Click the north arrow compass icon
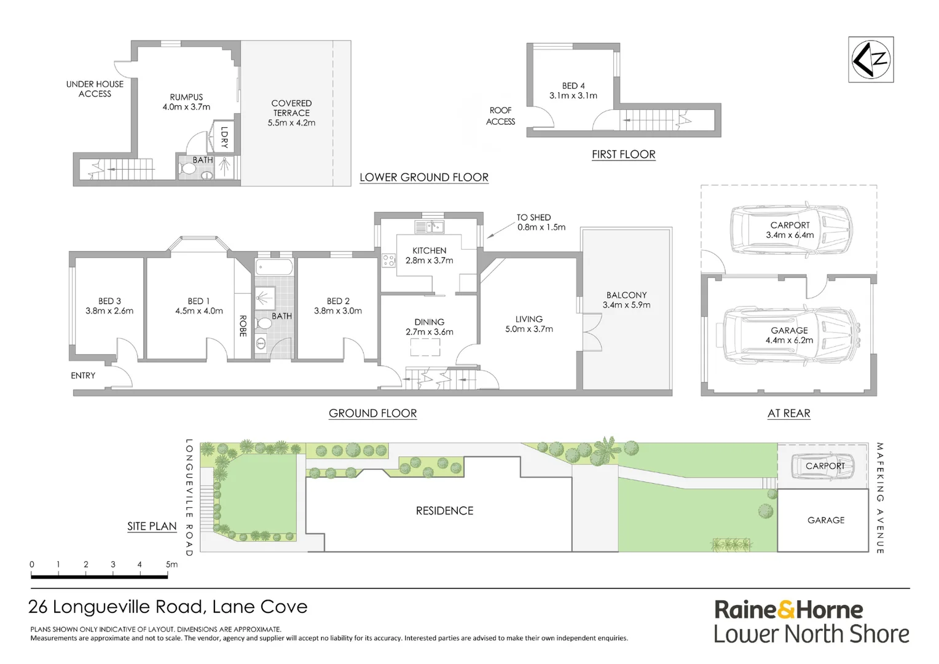[x=871, y=60]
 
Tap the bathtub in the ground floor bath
[x=274, y=267]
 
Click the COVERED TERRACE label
[x=291, y=113]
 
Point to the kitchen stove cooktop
[x=388, y=260]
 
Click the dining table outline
[x=425, y=347]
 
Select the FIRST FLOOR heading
[x=623, y=154]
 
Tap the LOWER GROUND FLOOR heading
[x=423, y=177]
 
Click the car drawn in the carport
[x=791, y=229]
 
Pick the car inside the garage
[x=790, y=335]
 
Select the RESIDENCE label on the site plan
[x=444, y=511]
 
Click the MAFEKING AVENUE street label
[x=880, y=498]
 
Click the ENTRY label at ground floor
[x=83, y=376]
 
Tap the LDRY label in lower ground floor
[x=224, y=137]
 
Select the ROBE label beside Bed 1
[x=243, y=326]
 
